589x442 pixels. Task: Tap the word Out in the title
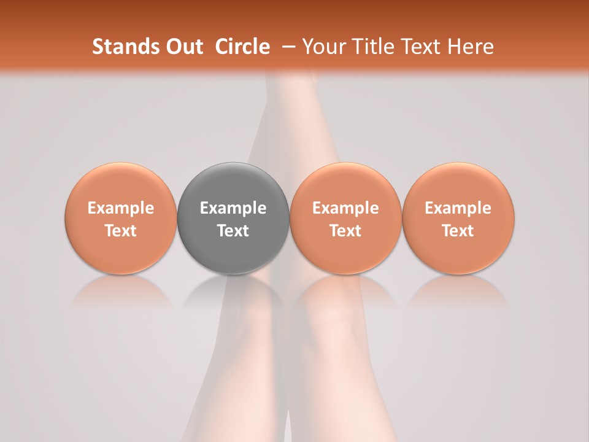coord(183,47)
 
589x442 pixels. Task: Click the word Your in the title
coord(321,47)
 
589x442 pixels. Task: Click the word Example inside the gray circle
coord(233,208)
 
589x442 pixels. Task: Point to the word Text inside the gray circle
coord(233,231)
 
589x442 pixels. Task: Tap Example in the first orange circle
coord(121,208)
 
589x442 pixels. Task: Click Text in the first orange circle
coord(121,231)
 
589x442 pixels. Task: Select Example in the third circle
coord(345,208)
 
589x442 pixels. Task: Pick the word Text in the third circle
coord(345,231)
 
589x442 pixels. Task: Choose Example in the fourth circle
coord(458,208)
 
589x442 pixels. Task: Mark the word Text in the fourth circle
coord(458,231)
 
